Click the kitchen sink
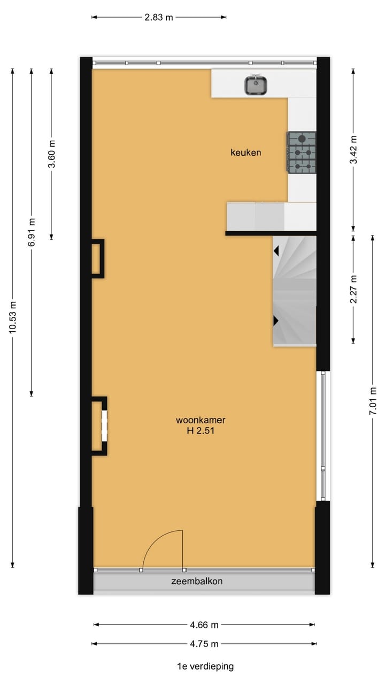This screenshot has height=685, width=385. coord(256,85)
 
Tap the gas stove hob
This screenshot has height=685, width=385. coord(302,153)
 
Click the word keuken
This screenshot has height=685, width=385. coord(246,153)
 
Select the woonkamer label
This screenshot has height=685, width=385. coord(197,420)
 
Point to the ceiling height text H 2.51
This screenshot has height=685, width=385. coord(197,430)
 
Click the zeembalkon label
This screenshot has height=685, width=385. coord(197,581)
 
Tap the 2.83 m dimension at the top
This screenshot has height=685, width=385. coord(159,17)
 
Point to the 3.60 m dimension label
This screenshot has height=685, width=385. coord(51,154)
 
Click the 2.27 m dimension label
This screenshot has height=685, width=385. coord(353,289)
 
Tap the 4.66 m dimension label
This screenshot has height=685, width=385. coord(204,625)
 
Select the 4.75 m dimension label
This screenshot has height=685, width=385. coord(204,644)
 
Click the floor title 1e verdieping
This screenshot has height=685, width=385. coord(205,666)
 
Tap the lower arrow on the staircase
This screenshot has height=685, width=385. coord(276,321)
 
